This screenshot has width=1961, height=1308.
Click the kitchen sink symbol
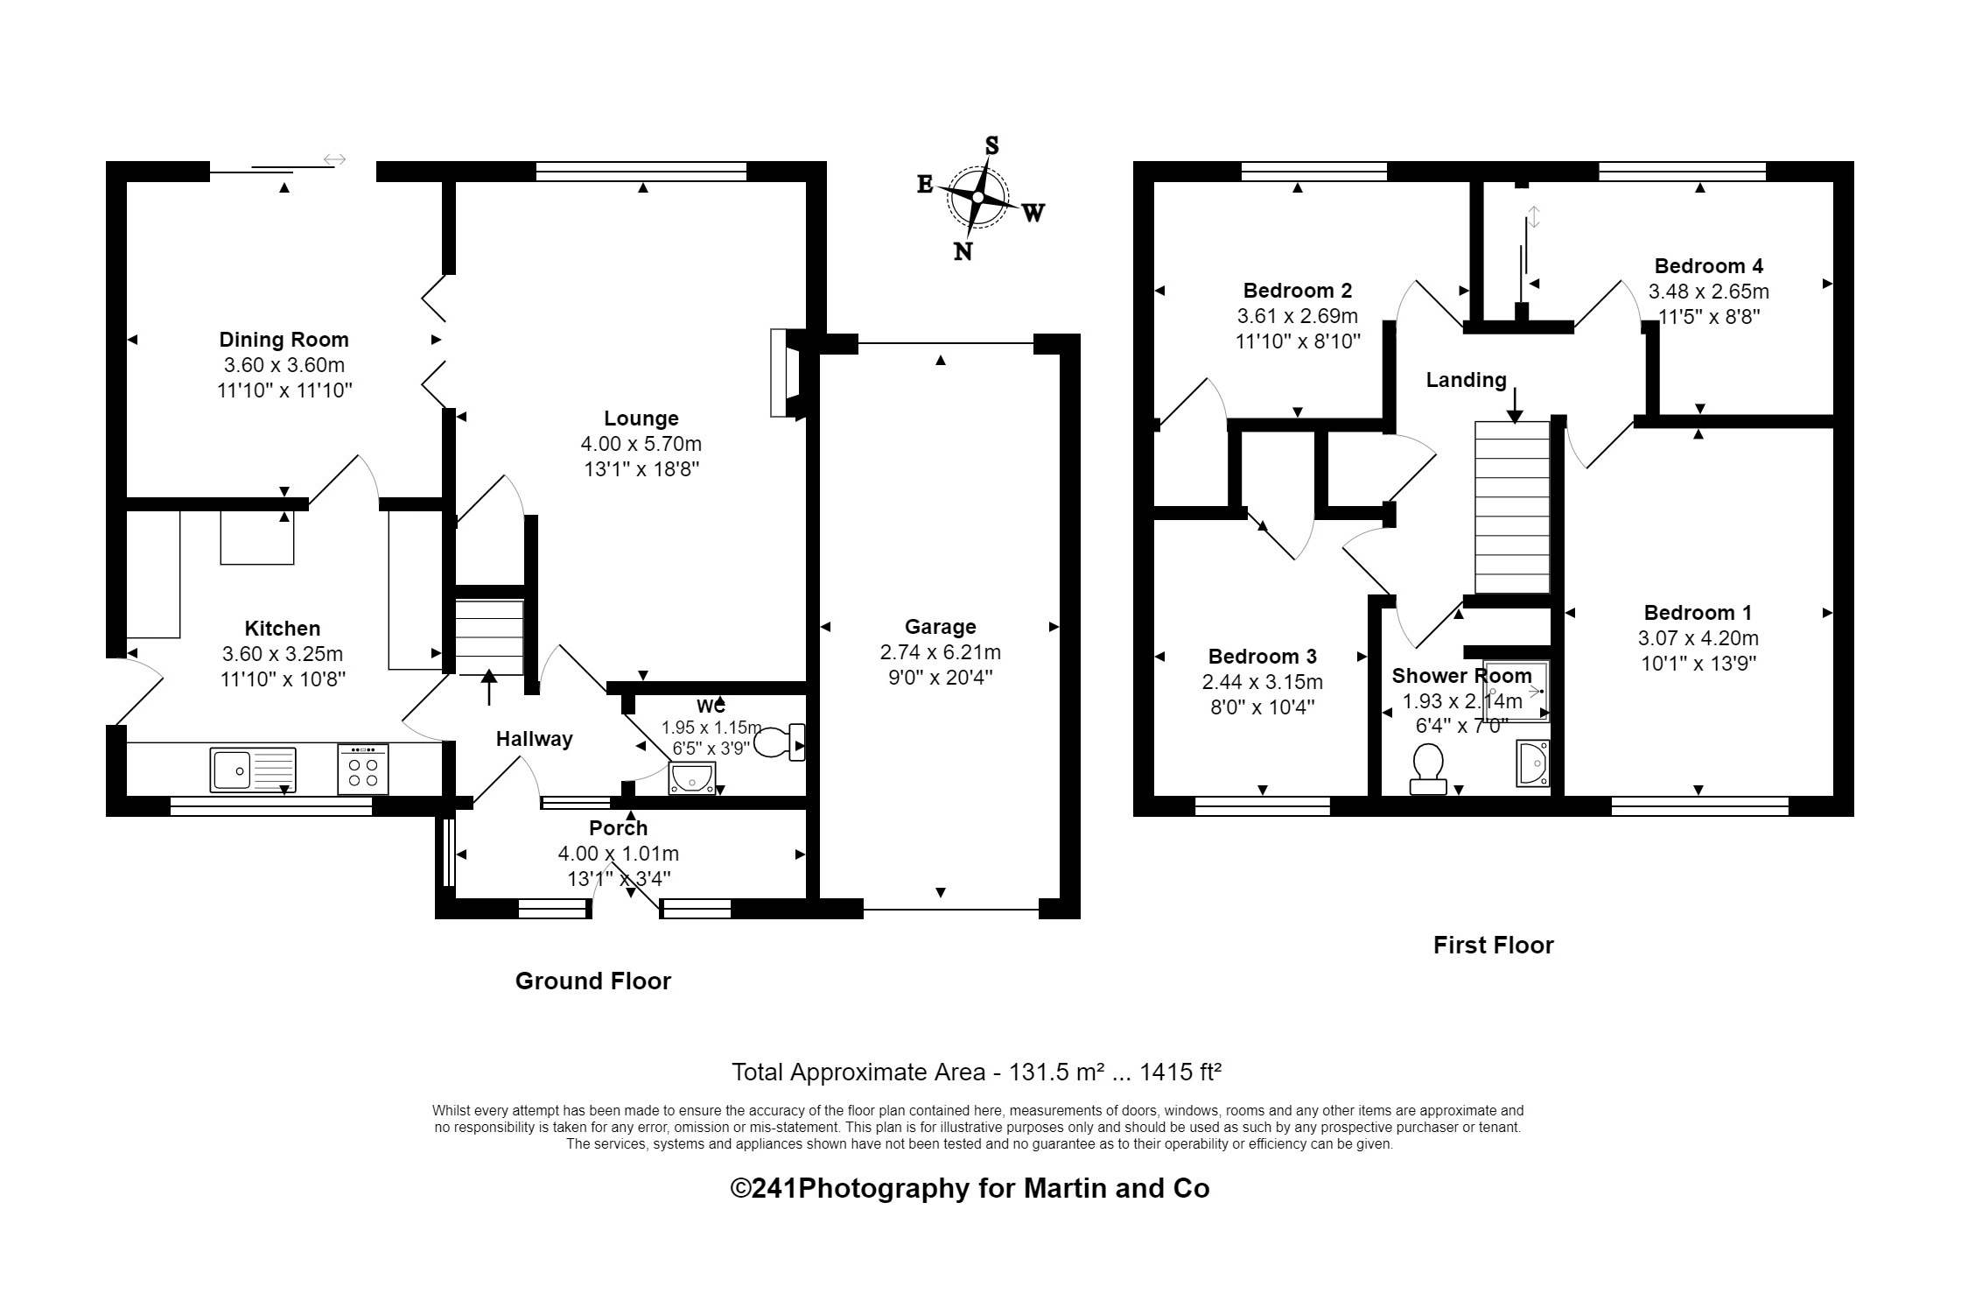pos(253,770)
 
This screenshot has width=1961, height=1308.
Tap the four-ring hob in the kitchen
pos(362,770)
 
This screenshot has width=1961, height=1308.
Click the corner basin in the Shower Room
pos(1532,763)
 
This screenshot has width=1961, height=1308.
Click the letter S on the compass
pos(991,145)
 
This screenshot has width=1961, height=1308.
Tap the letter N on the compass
pos(963,252)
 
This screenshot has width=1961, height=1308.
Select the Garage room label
pos(940,627)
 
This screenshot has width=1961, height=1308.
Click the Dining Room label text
pos(284,340)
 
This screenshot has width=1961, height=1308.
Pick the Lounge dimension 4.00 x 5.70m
pos(641,444)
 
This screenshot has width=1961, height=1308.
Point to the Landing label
pos(1466,380)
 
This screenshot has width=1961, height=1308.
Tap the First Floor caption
pos(1493,946)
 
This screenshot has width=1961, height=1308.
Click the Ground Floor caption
pos(592,981)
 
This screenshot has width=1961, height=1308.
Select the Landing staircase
pos(1512,508)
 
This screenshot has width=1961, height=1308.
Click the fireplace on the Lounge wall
pos(785,372)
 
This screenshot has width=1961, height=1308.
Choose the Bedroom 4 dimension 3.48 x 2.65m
pos(1708,291)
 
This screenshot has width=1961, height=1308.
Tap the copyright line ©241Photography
pos(970,1188)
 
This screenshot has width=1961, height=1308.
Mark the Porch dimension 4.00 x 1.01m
pos(618,854)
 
